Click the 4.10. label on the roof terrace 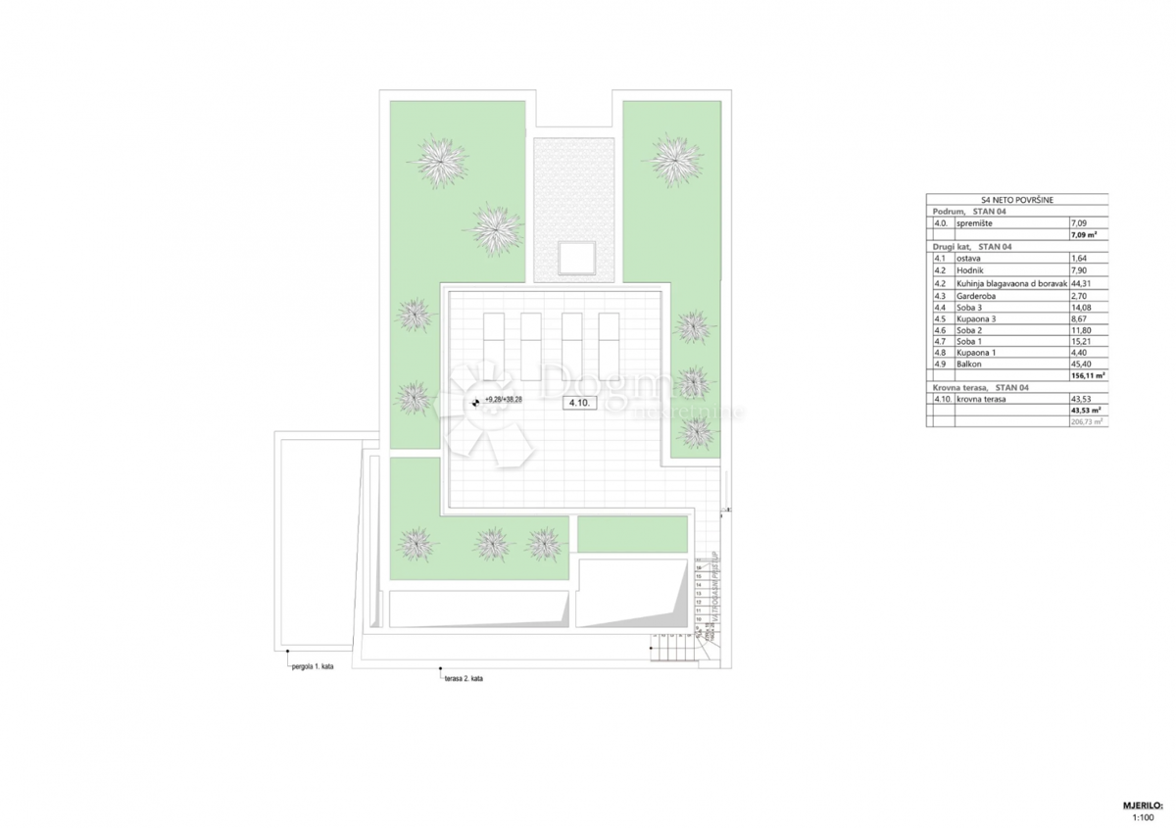(575, 403)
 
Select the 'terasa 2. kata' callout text (463, 678)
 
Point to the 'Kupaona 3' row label (978, 317)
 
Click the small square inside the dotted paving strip (574, 258)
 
